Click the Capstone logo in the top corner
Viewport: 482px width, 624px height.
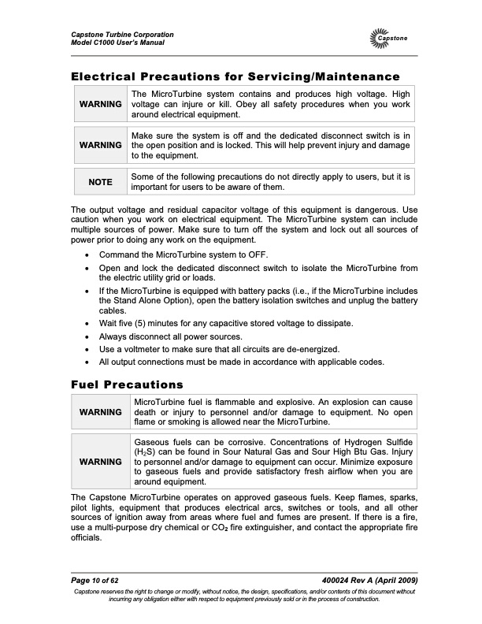tap(388, 38)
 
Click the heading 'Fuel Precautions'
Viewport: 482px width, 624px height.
tap(127, 384)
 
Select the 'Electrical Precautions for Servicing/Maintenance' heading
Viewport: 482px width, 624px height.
tap(235, 76)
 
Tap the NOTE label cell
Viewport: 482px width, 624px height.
tap(100, 182)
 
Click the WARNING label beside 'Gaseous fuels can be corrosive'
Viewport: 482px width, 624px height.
tap(100, 461)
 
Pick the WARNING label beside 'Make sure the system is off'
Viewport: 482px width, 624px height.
tap(100, 146)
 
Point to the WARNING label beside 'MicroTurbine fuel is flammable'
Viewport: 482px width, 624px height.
tap(100, 412)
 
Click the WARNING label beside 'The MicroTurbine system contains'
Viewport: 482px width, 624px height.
tap(100, 104)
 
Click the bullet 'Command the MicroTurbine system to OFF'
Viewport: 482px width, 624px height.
tap(184, 254)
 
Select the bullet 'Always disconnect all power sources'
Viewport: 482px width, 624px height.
tap(177, 336)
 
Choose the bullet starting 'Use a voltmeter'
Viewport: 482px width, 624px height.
tap(220, 349)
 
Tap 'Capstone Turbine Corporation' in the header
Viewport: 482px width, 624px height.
tap(122, 35)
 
